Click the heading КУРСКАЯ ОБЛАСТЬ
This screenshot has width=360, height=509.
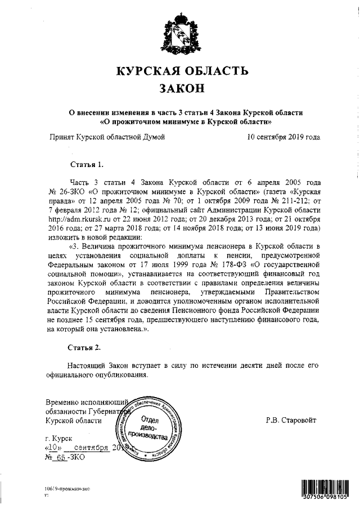pyautogui.click(x=181, y=71)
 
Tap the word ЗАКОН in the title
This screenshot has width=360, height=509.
pyautogui.click(x=181, y=89)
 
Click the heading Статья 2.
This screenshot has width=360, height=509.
pyautogui.click(x=86, y=347)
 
